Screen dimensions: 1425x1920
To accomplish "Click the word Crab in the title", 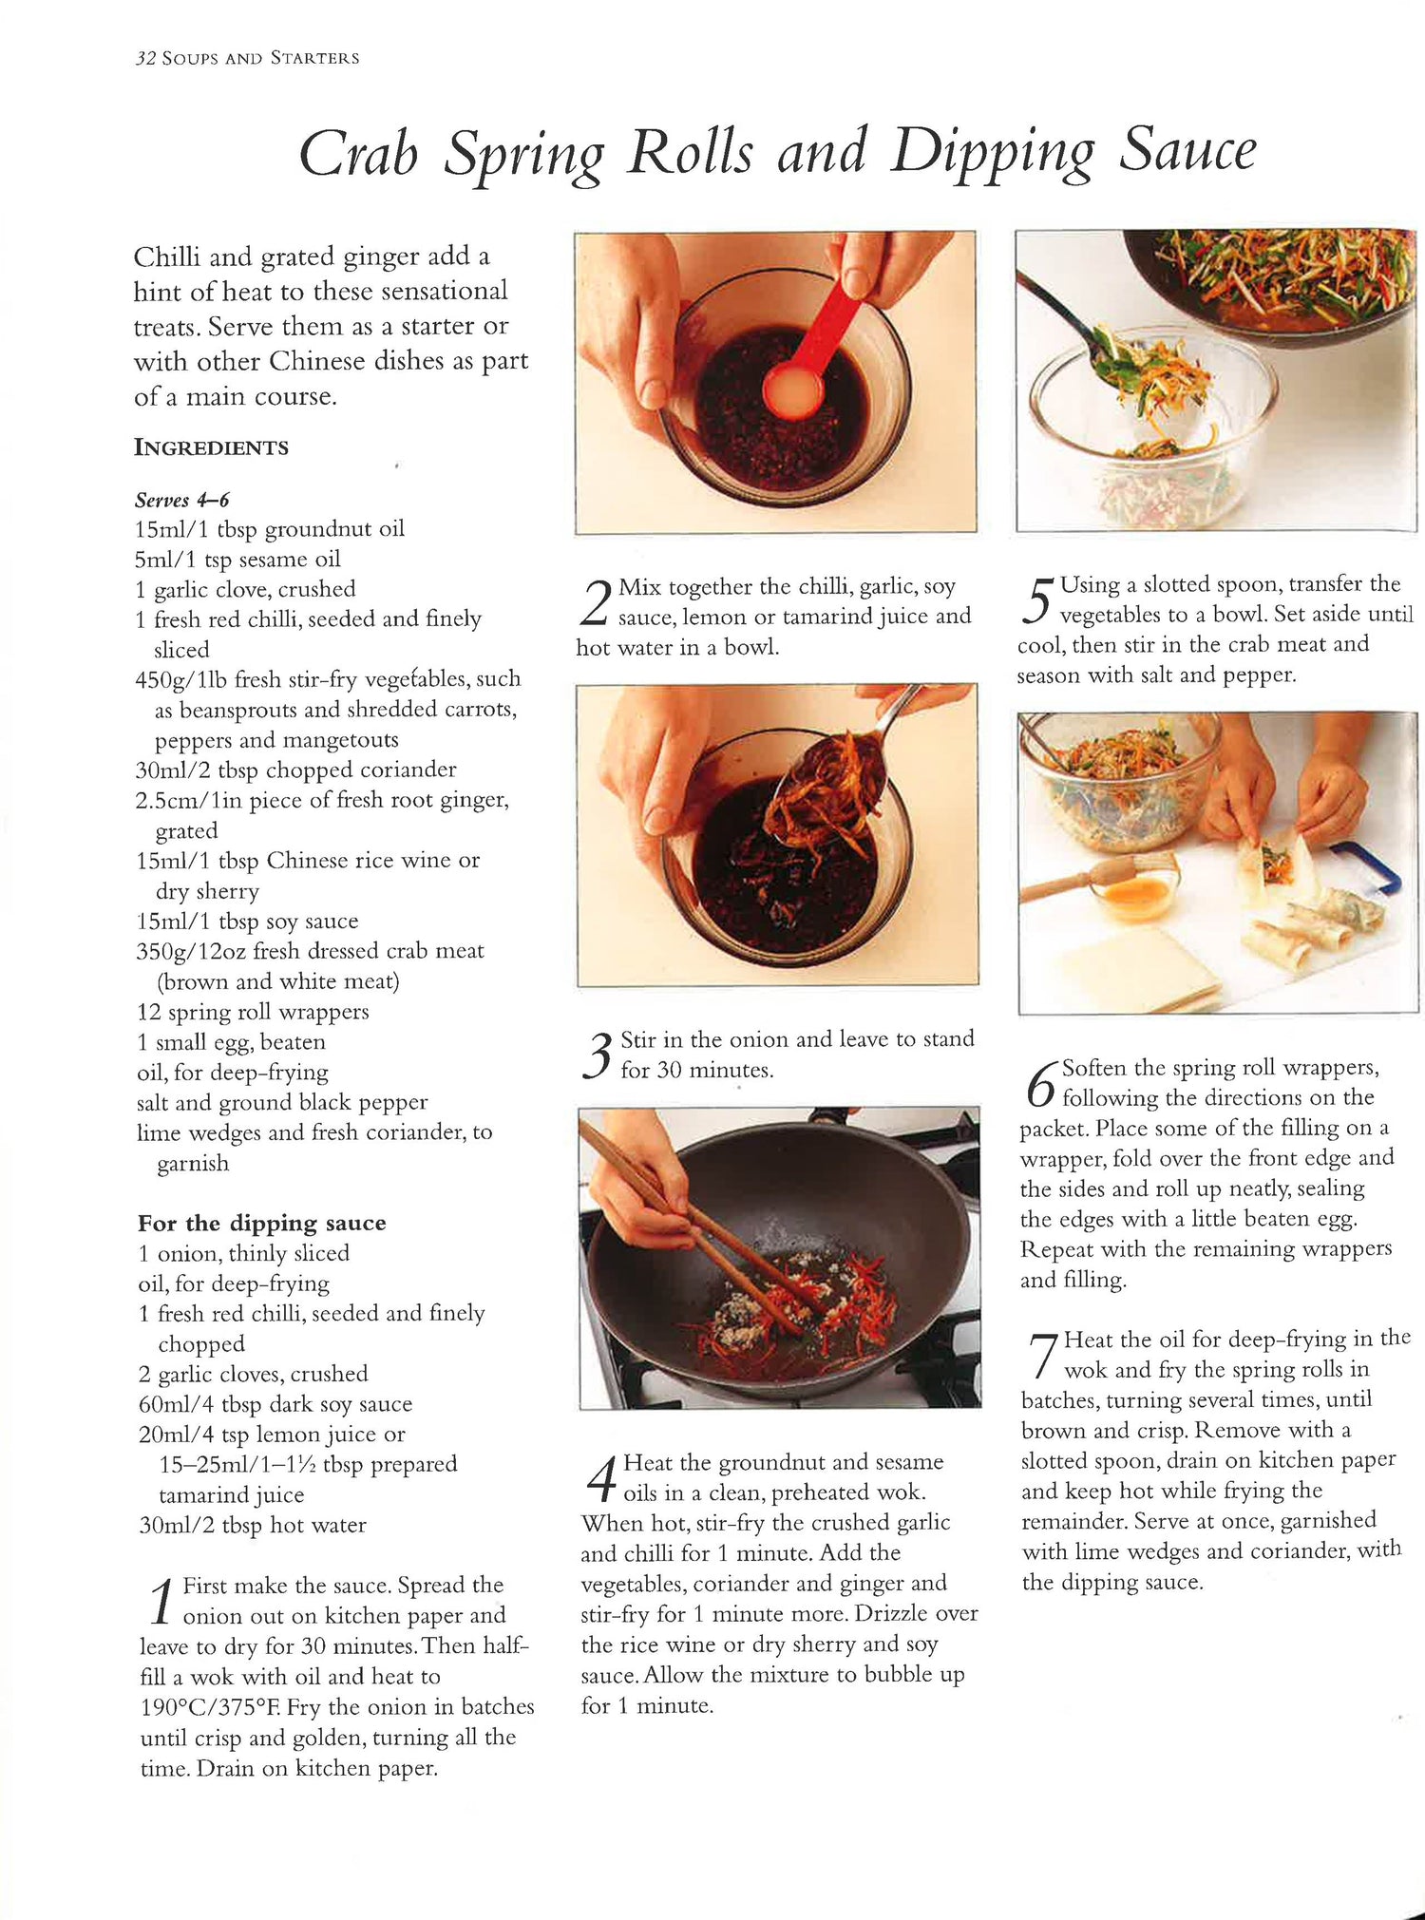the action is (359, 153).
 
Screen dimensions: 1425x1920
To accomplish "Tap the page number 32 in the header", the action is (144, 58).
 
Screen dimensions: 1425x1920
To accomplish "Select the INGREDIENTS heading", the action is (211, 447).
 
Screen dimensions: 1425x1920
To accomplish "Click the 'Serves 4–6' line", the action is (181, 500).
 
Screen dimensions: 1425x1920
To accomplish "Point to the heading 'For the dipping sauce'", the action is (262, 1223).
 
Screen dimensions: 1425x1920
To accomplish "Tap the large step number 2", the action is (595, 602).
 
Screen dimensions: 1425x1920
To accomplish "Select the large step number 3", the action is (597, 1055).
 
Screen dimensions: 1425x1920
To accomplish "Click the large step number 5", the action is (1036, 599).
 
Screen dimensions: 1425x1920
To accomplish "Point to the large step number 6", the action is (1041, 1084).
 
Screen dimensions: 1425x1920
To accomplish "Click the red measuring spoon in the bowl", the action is (813, 352).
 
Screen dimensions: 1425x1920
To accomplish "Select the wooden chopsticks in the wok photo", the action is (703, 1226).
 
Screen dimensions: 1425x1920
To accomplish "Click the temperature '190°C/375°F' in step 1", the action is (212, 1707).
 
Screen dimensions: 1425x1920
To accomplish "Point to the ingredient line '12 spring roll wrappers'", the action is (253, 1012).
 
